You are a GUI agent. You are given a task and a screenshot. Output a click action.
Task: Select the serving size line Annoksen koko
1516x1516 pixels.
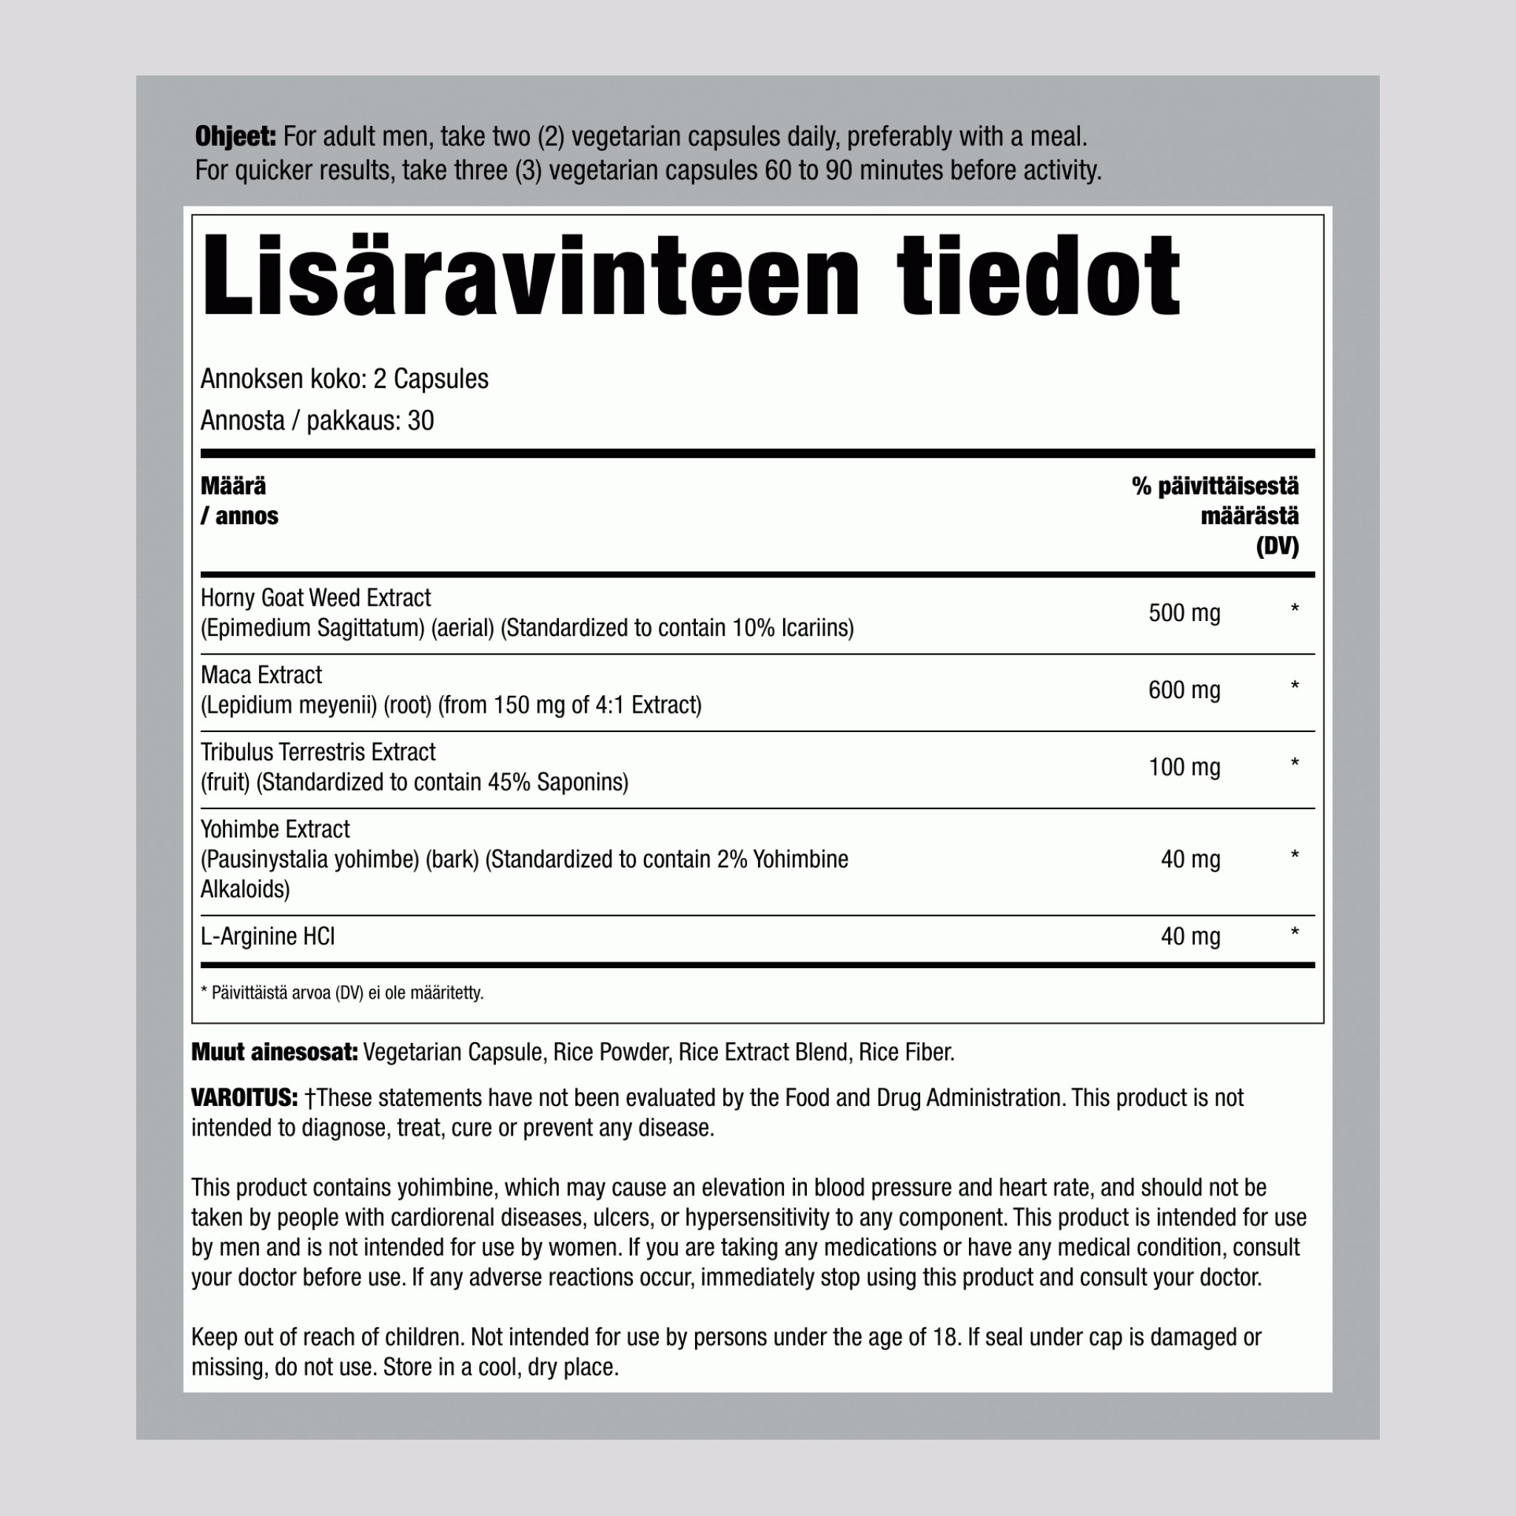(x=343, y=379)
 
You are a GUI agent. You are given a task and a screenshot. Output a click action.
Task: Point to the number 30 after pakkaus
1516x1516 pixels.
(x=420, y=421)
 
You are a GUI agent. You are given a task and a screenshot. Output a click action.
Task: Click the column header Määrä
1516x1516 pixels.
(x=233, y=486)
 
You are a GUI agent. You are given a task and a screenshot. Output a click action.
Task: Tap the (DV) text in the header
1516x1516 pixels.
(x=1277, y=546)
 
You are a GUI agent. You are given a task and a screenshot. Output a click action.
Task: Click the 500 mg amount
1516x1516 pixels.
(x=1184, y=613)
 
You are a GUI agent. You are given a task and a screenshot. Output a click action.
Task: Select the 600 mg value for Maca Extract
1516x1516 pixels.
(x=1184, y=690)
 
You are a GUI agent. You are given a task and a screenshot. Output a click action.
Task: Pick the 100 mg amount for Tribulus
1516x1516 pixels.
(x=1184, y=767)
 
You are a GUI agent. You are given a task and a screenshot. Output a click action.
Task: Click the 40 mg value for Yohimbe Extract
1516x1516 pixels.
(x=1190, y=859)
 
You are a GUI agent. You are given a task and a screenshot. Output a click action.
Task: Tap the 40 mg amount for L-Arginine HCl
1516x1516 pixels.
(x=1190, y=936)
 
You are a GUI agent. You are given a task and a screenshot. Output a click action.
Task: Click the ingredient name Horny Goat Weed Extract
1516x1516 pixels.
(x=315, y=598)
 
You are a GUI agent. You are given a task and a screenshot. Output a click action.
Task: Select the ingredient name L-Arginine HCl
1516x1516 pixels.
(x=267, y=936)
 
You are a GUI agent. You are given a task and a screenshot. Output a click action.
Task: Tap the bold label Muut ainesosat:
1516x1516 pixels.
(x=274, y=1053)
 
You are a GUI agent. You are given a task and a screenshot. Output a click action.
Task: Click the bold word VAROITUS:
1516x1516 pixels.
(x=244, y=1098)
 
